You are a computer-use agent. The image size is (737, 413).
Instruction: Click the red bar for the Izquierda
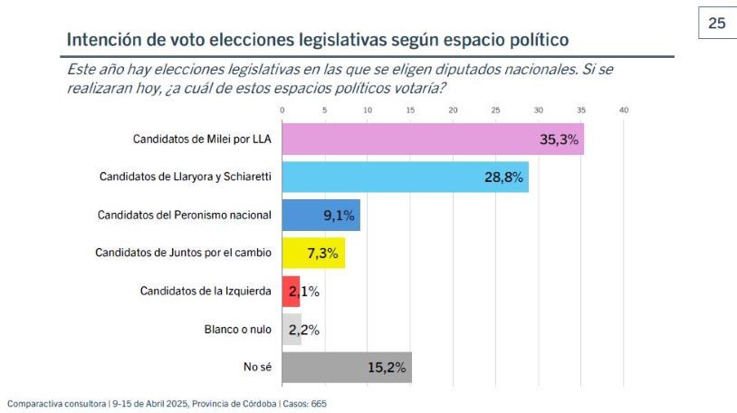coord(291,292)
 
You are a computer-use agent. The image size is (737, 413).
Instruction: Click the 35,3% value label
coord(558,139)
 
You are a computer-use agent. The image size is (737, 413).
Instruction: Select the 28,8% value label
coord(502,178)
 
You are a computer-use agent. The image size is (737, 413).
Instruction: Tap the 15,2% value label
coord(387,368)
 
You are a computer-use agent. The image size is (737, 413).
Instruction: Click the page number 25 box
coord(716,24)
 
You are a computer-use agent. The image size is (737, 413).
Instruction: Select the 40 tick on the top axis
coord(623,110)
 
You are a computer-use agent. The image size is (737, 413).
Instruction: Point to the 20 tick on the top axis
coord(453,110)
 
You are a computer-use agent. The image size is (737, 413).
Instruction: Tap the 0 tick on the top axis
coord(282,110)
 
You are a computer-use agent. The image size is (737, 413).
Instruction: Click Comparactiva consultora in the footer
coord(55,404)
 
